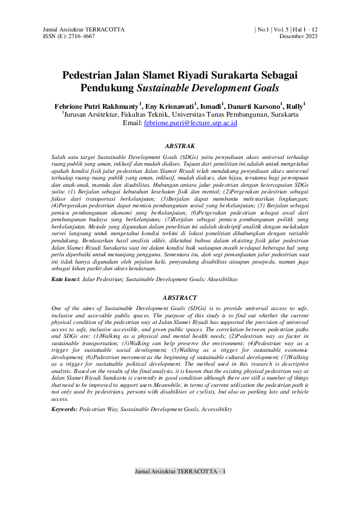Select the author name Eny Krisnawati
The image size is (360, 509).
[169, 105]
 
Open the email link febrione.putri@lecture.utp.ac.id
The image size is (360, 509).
[191, 123]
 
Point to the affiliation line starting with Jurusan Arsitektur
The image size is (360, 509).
[180, 114]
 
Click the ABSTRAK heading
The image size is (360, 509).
[180, 146]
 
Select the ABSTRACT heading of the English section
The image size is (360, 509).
[180, 297]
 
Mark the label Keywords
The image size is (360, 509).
[65, 409]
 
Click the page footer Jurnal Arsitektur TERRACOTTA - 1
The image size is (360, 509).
[180, 471]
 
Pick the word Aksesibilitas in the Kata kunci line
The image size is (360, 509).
[220, 280]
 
